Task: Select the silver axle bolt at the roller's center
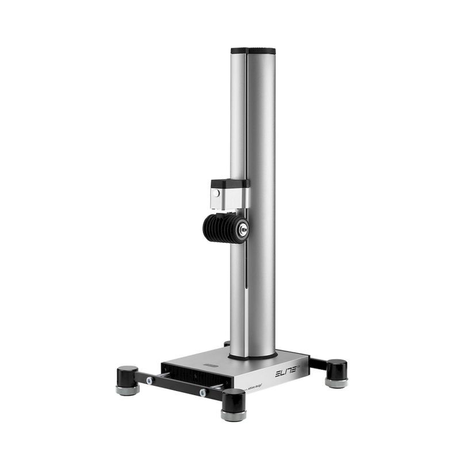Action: [243, 229]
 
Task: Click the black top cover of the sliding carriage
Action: [228, 183]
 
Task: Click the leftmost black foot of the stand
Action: [127, 376]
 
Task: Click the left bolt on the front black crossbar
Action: [149, 380]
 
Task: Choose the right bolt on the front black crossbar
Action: [202, 393]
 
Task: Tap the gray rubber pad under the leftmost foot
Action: [127, 390]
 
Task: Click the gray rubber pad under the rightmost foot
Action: [336, 382]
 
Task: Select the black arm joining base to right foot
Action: [317, 364]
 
